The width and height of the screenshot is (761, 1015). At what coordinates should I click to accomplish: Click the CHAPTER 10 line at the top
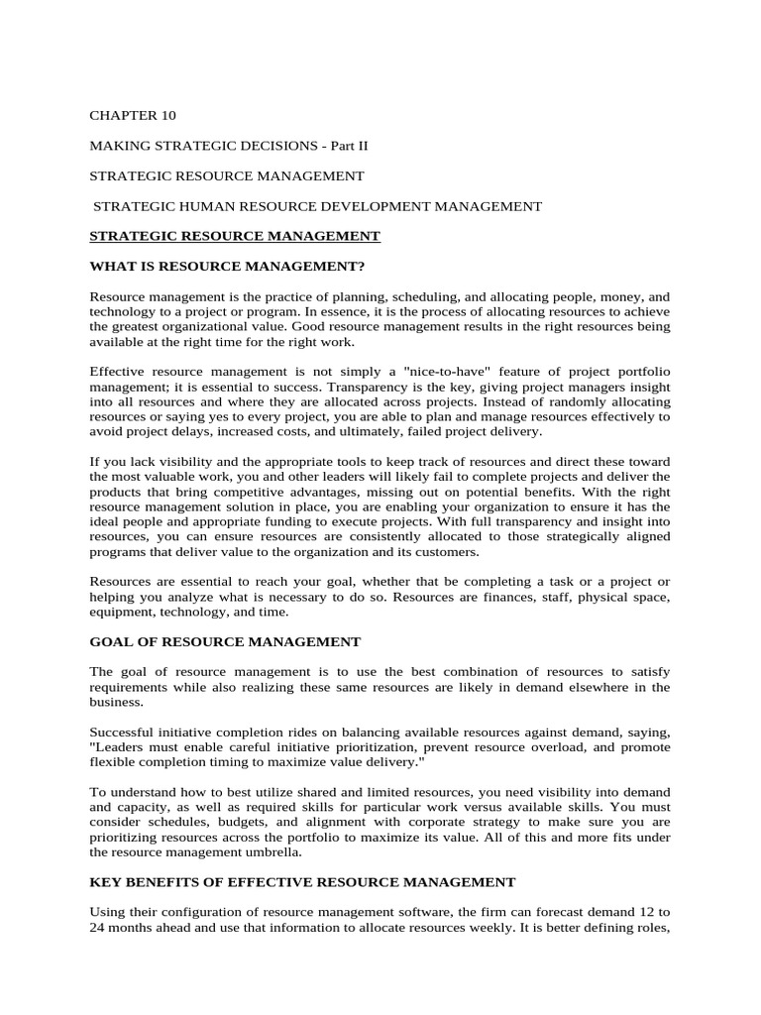133,116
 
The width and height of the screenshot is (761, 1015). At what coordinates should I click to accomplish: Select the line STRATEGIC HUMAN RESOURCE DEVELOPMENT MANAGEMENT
317,206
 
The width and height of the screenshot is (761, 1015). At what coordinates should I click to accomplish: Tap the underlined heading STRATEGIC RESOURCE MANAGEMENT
235,236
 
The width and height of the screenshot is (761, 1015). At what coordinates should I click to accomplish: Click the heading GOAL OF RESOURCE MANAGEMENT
225,642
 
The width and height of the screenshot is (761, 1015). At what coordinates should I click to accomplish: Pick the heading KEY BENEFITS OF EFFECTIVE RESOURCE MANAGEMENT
302,881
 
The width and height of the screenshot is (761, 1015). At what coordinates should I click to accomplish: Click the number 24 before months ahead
98,927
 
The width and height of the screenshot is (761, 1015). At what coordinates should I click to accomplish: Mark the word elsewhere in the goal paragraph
603,686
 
